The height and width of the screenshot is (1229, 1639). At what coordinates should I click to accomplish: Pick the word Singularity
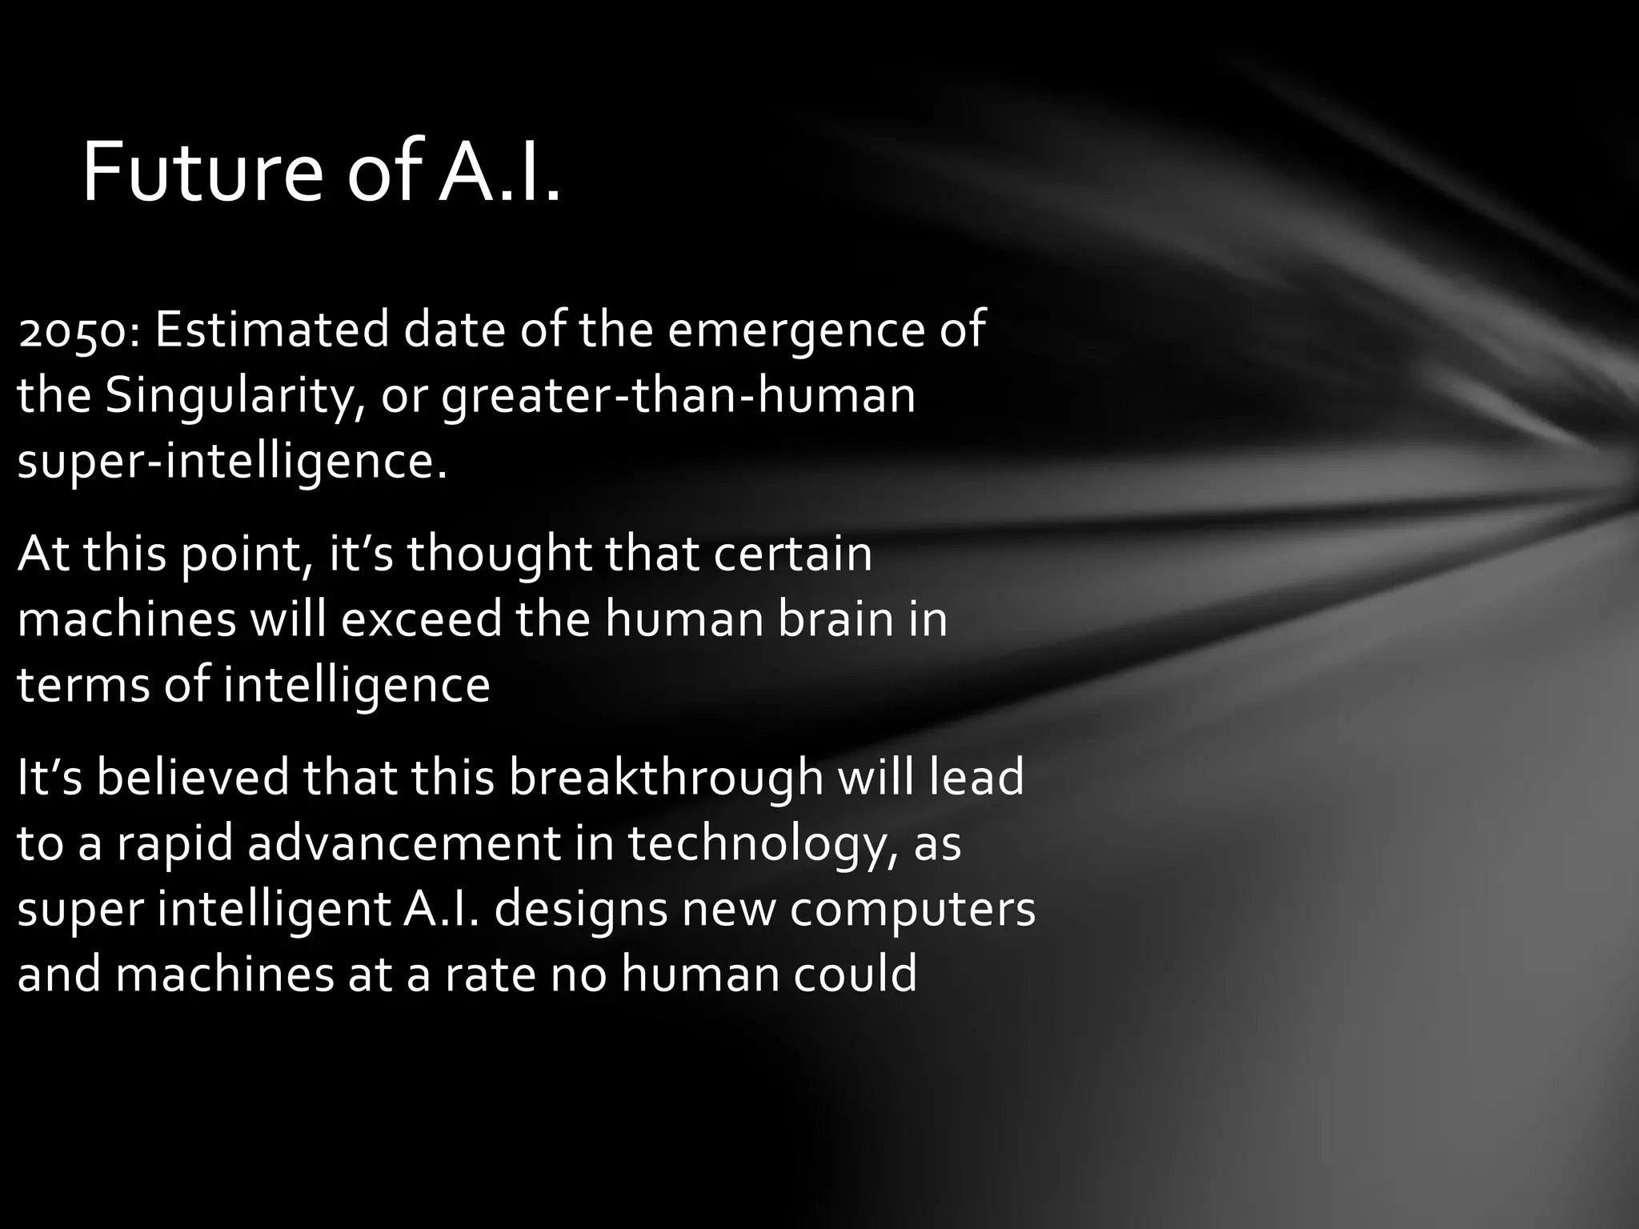tap(229, 396)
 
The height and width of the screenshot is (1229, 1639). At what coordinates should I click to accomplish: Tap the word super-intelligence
tap(230, 462)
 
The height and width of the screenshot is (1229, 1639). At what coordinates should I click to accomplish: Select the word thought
tap(499, 554)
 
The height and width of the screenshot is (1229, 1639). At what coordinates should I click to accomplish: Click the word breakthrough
tap(666, 778)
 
